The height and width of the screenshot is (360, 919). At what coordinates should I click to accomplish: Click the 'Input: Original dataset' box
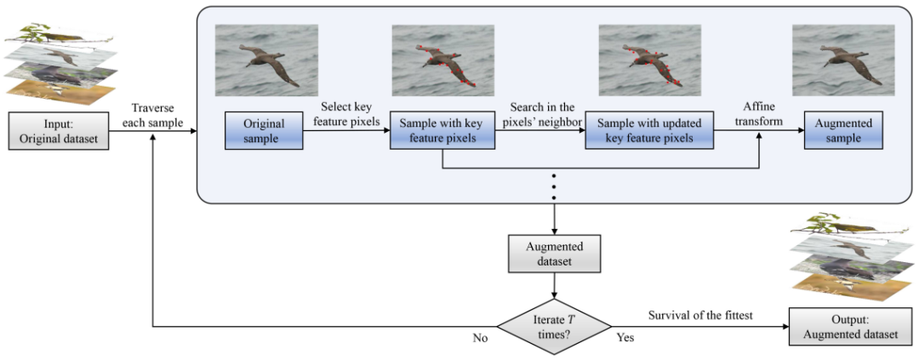tap(59, 132)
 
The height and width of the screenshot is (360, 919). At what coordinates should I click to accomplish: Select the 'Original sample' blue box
tap(263, 131)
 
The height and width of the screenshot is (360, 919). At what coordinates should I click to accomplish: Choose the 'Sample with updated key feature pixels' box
tap(650, 131)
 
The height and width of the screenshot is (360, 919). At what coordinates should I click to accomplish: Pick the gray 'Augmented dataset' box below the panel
tap(554, 253)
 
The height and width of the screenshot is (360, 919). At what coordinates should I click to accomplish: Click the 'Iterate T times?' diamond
tap(554, 326)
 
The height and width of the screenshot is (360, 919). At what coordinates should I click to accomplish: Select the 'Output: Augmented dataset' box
tap(846, 326)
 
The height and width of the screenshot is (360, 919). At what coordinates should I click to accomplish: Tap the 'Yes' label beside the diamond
tap(625, 339)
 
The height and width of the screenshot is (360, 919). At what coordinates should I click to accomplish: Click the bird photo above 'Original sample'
tap(266, 60)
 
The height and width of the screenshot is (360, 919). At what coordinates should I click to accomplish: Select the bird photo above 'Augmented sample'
tap(842, 60)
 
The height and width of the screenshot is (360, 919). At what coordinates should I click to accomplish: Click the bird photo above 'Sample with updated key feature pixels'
tap(649, 60)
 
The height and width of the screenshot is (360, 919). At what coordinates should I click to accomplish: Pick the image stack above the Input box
tap(59, 66)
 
